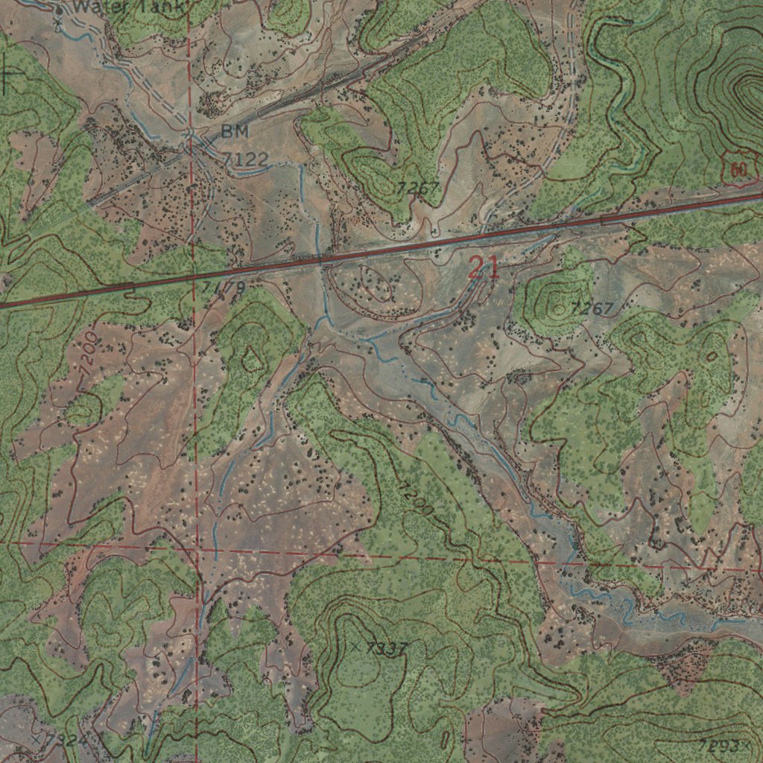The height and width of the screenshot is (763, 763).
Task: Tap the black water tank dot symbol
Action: pyautogui.click(x=60, y=10)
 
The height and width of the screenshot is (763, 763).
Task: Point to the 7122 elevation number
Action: pyautogui.click(x=244, y=158)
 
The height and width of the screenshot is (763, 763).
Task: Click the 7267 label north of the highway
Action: pyautogui.click(x=418, y=188)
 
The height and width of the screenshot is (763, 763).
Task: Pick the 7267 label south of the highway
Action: pyautogui.click(x=592, y=308)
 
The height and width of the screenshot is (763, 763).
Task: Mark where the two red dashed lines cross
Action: pyautogui.click(x=196, y=551)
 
